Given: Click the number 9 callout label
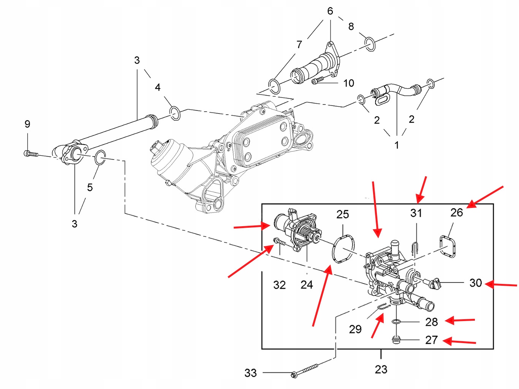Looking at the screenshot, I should click(x=27, y=124).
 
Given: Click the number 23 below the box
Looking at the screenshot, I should click(x=381, y=369).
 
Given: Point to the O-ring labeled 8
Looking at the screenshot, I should click(x=370, y=44).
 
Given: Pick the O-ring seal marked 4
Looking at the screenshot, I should click(x=175, y=113).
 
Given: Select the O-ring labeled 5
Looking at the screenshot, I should click(x=100, y=157).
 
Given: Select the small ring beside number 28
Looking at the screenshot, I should click(x=396, y=322).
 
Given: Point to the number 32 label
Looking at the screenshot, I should click(x=279, y=285).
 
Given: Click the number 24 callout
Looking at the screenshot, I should click(x=307, y=285).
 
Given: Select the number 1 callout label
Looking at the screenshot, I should click(x=397, y=145).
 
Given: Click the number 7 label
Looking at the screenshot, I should click(x=299, y=44).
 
